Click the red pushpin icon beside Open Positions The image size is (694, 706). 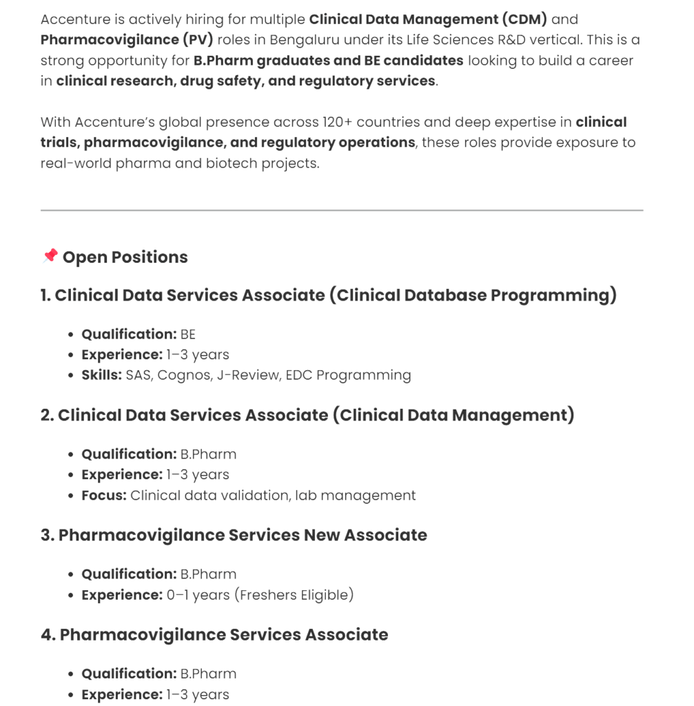(x=50, y=256)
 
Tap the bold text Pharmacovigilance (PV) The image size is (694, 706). (x=127, y=39)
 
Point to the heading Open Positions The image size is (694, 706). (x=125, y=257)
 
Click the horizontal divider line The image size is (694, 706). (x=342, y=210)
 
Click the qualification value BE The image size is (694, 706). (x=188, y=334)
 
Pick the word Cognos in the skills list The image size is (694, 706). (x=184, y=375)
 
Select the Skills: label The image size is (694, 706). (x=101, y=375)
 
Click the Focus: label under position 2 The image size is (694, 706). (x=103, y=495)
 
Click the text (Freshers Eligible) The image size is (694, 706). (x=294, y=594)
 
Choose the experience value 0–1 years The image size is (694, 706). (x=198, y=594)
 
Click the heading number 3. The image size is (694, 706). (x=46, y=535)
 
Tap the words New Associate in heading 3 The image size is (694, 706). (x=365, y=535)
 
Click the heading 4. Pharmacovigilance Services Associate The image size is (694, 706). (x=214, y=634)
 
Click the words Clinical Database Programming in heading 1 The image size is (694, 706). (x=473, y=295)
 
